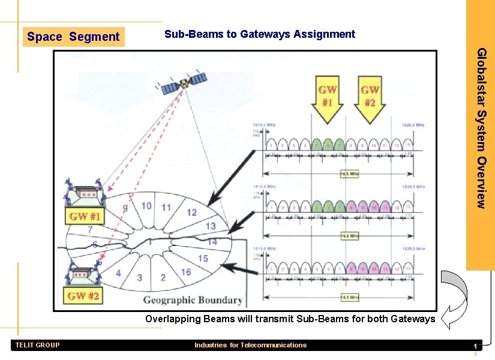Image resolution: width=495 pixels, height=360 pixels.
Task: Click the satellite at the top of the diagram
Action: (184, 83)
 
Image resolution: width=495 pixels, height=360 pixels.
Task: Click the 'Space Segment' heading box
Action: (73, 37)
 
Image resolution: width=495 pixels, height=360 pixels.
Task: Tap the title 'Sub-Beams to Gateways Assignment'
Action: (260, 34)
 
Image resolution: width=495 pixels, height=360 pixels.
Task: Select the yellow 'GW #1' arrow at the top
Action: (327, 99)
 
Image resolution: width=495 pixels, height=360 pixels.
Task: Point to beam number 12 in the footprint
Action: (191, 212)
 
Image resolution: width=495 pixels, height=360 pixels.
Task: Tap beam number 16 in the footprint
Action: (186, 272)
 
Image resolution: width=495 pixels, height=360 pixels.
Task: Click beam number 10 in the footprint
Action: (146, 206)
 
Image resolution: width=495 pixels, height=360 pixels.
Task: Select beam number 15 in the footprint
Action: (203, 258)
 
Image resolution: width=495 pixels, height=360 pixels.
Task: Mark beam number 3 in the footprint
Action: (139, 278)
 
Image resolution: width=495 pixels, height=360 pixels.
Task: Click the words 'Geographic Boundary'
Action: (193, 300)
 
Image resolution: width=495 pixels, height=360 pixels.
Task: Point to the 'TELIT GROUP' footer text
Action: (37, 345)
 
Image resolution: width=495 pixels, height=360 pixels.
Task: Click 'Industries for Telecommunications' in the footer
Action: (250, 345)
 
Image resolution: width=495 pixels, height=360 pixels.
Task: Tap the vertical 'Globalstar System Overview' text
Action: (481, 128)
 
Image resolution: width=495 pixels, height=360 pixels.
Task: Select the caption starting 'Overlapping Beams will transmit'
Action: (290, 319)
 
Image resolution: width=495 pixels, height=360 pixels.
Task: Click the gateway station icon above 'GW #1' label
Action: (84, 192)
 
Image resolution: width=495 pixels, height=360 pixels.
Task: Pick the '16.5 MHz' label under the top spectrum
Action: (349, 174)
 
